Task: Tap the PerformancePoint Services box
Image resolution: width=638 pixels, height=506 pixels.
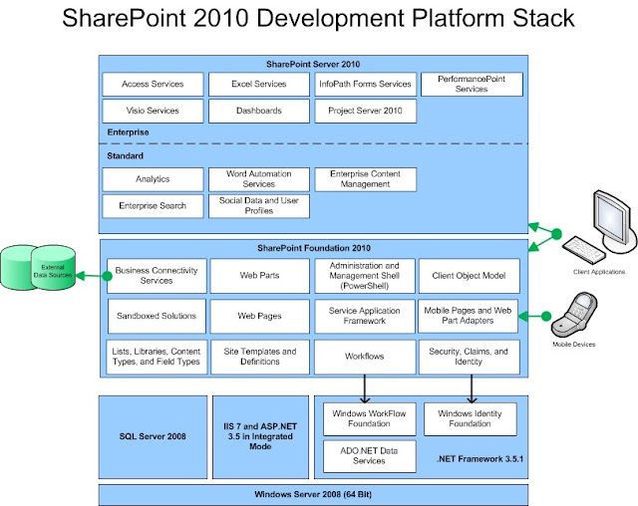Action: pos(471,84)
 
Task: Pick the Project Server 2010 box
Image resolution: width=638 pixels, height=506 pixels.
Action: pos(365,111)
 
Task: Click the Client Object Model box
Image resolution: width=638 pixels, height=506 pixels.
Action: pos(470,275)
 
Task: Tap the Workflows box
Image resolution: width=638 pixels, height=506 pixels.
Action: pos(364,357)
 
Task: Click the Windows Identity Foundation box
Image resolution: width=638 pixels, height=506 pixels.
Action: pos(470,418)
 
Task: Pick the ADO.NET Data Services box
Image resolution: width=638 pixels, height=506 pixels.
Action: pos(364,456)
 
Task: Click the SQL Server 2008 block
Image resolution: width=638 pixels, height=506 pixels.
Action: pos(153,436)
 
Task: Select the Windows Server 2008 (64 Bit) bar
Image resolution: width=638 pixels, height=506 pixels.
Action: pos(314,494)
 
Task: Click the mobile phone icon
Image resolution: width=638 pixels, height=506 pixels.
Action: pos(581,314)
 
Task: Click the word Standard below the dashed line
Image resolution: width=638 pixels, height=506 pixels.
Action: pos(125,156)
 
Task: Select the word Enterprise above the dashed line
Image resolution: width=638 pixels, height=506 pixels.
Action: pos(129,130)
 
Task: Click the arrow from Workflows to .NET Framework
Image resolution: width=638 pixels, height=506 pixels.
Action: pos(364,387)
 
